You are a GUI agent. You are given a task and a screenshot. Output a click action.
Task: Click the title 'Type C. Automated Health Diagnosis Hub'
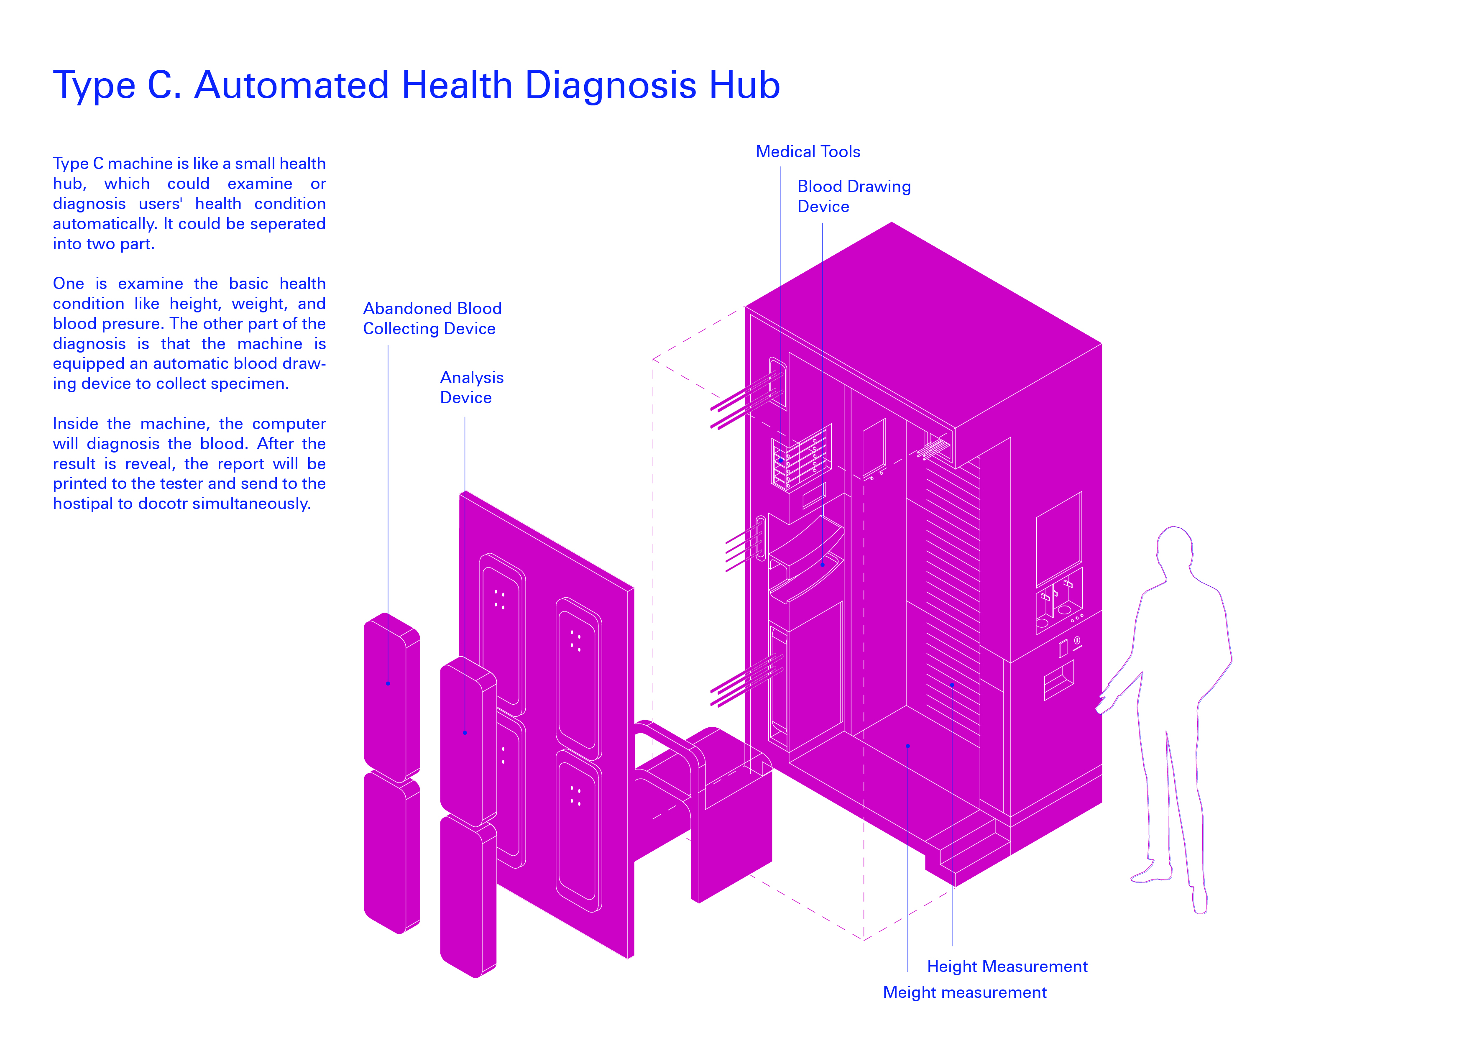click(x=416, y=85)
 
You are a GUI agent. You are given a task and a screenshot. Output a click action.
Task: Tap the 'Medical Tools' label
click(x=808, y=151)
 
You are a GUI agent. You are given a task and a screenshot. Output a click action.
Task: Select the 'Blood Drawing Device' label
click(x=853, y=196)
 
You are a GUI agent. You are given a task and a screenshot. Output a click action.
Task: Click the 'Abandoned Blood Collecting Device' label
click(x=432, y=318)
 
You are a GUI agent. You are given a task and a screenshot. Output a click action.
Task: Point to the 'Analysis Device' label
click(x=472, y=387)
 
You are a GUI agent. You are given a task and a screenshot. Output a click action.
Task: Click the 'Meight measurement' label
click(x=964, y=992)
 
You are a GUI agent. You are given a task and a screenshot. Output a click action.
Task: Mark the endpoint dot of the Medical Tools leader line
click(x=781, y=461)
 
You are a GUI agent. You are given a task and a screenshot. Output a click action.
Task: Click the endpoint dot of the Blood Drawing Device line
click(x=822, y=565)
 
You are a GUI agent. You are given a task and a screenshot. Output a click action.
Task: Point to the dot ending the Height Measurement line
click(x=952, y=685)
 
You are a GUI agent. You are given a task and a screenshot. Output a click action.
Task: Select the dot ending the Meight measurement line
click(x=908, y=746)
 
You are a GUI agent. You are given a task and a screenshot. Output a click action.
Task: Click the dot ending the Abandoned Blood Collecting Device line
click(x=388, y=683)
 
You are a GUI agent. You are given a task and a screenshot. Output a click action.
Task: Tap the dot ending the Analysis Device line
click(x=465, y=733)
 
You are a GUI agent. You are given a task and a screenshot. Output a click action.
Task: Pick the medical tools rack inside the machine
click(x=801, y=457)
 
